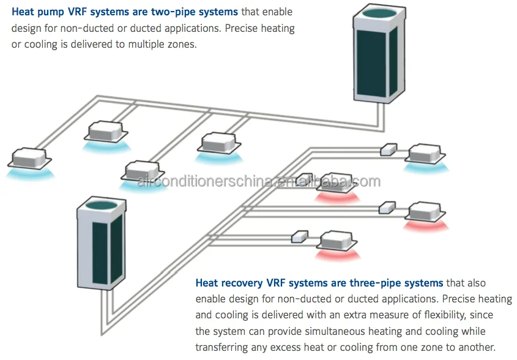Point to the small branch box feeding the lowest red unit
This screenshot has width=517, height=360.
click(x=299, y=236)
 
